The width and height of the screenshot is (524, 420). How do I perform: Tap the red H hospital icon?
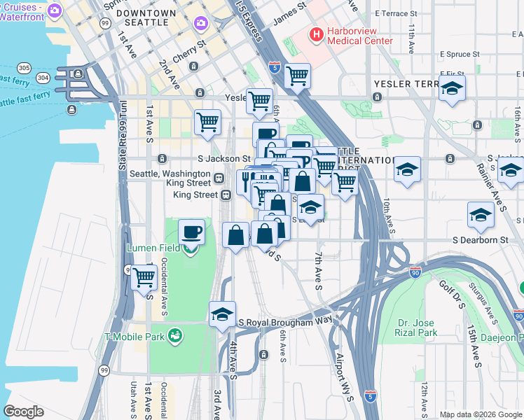[317, 33]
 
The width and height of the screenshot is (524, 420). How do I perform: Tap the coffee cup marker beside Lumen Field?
[191, 232]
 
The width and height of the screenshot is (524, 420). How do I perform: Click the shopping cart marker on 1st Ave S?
[144, 276]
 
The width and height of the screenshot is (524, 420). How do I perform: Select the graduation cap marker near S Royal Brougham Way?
[222, 314]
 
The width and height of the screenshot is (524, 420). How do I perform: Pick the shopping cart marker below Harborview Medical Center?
[298, 75]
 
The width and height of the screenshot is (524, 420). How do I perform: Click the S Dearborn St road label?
[479, 239]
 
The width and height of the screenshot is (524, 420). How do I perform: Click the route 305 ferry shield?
[25, 67]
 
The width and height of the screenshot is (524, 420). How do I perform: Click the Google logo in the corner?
[23, 412]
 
